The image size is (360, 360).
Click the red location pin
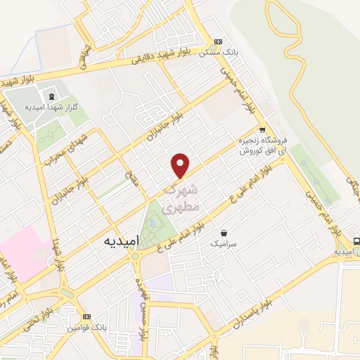(x=181, y=165)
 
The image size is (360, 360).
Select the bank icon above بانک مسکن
(x=219, y=41)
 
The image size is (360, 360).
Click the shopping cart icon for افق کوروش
(x=262, y=129)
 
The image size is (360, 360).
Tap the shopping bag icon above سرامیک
(x=224, y=233)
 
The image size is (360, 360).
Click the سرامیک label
(x=224, y=243)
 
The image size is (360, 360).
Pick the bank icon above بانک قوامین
(x=86, y=317)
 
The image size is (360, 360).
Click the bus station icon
(x=356, y=240)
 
